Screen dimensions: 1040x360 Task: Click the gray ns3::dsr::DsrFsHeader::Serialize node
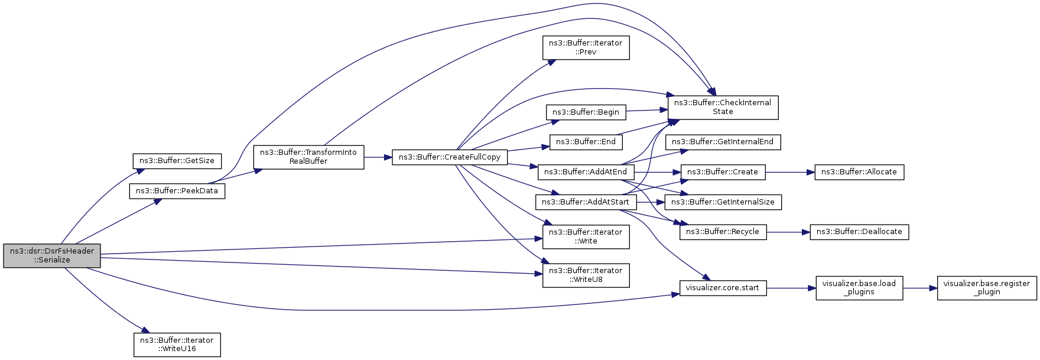52,255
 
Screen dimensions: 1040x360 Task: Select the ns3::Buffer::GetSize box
177,161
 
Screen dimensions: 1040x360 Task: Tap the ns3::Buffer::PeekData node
177,191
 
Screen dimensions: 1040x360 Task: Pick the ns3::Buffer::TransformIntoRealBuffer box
308,157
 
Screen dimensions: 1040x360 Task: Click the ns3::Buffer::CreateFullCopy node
450,157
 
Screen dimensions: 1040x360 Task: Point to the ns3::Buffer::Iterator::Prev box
586,47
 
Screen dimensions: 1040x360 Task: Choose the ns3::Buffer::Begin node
586,112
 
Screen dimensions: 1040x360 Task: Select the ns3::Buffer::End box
586,142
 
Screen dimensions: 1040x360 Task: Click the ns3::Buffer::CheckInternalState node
723,107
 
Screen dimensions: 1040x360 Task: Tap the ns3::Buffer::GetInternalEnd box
723,142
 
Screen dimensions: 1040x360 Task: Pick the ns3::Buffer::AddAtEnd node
586,172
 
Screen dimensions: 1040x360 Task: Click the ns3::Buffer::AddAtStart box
586,202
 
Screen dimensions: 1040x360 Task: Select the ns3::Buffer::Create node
723,172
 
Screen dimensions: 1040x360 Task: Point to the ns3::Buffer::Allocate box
859,172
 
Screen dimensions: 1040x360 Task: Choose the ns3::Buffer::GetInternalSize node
723,202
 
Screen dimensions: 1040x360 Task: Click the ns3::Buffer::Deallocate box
859,232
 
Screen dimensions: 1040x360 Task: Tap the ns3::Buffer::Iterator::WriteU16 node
177,345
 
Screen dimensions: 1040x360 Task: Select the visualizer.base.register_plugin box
987,288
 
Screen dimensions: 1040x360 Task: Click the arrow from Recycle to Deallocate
788,232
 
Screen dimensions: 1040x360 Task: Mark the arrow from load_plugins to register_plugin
920,288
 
